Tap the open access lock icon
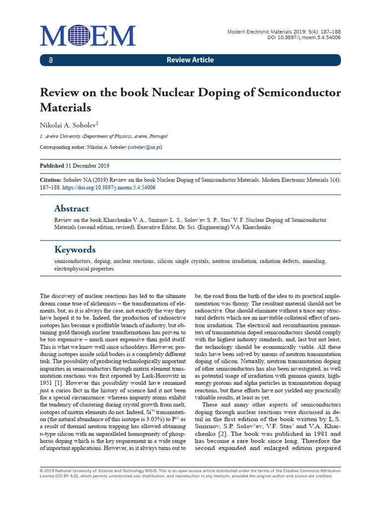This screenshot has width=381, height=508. pos(50,60)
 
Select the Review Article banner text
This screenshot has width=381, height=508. pos(190,60)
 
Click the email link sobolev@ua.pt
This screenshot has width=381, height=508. pos(145,147)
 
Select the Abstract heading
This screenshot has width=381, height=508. pos(71,208)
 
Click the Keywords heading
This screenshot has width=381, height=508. pos(75,250)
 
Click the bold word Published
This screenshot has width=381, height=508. pos(52,166)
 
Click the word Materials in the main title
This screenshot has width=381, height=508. pos(66,108)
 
